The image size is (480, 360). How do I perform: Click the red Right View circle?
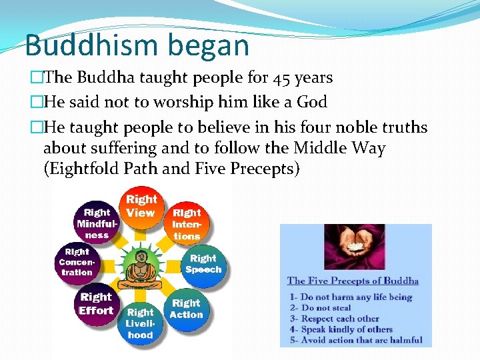click(141, 206)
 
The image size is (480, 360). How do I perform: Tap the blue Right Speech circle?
click(203, 264)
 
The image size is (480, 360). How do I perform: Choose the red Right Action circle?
click(186, 308)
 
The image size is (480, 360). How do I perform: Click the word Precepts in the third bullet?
click(264, 169)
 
